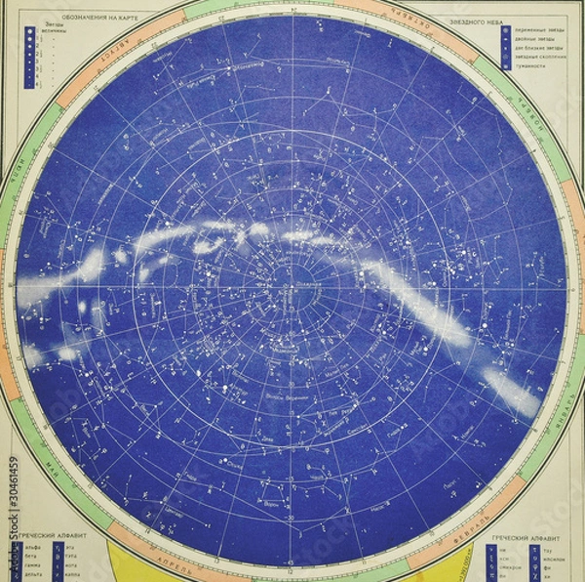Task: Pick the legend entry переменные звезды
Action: tap(535, 29)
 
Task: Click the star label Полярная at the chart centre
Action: tap(299, 284)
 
